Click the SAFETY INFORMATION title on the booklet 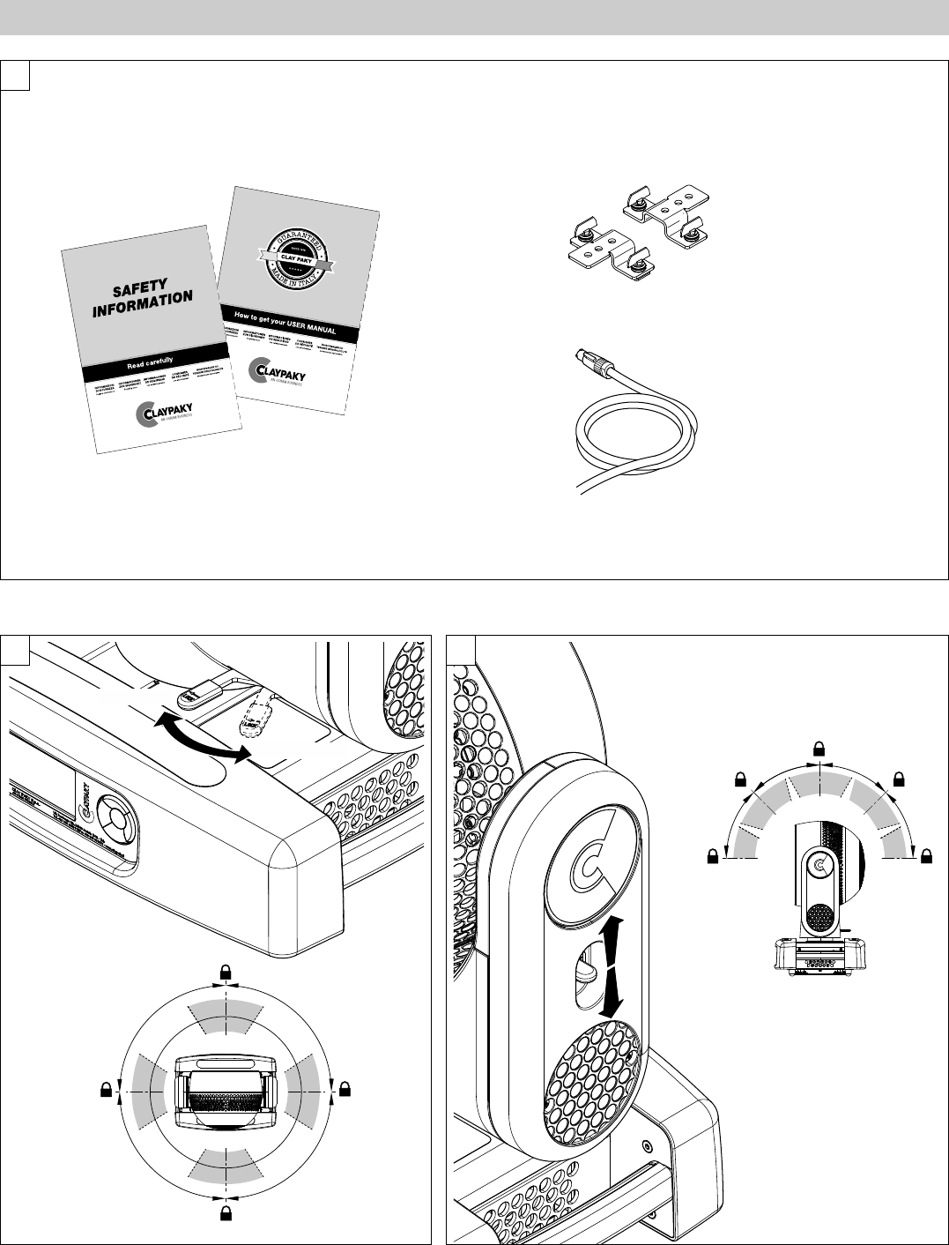[143, 301]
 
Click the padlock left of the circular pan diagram [107, 1091]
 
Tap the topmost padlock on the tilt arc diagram [819, 749]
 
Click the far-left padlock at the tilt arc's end [715, 855]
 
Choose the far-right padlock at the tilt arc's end [925, 855]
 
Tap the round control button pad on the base [115, 828]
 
